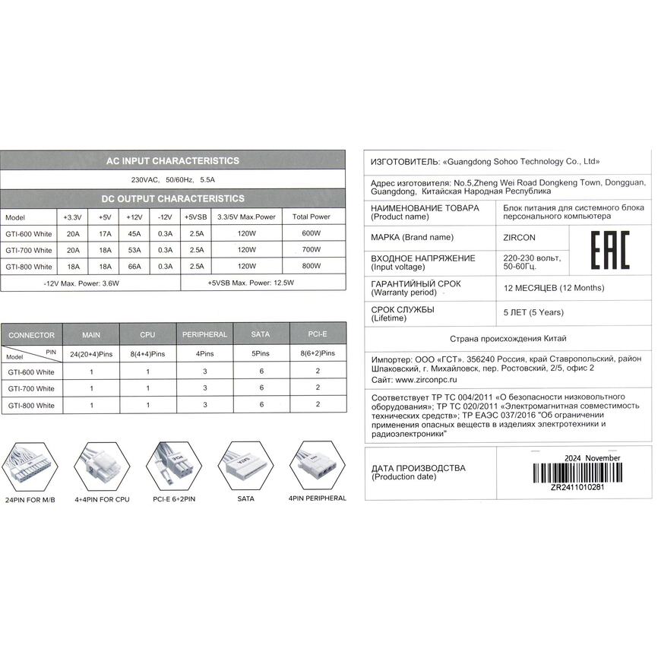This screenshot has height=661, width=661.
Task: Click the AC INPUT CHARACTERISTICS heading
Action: click(172, 161)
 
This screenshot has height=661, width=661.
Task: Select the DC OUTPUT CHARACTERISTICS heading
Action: click(172, 198)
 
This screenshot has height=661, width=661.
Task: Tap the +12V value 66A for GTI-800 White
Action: click(134, 267)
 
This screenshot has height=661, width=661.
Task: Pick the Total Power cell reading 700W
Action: click(312, 250)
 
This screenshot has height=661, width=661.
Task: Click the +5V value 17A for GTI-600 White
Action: click(105, 233)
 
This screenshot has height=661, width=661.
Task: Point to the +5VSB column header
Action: click(195, 217)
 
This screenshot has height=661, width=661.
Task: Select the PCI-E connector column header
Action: click(318, 334)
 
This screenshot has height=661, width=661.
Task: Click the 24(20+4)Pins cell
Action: click(91, 353)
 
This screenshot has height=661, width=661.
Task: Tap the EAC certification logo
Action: click(609, 251)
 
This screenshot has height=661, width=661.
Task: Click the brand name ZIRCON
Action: click(519, 237)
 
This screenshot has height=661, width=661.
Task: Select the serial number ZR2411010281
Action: click(578, 488)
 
